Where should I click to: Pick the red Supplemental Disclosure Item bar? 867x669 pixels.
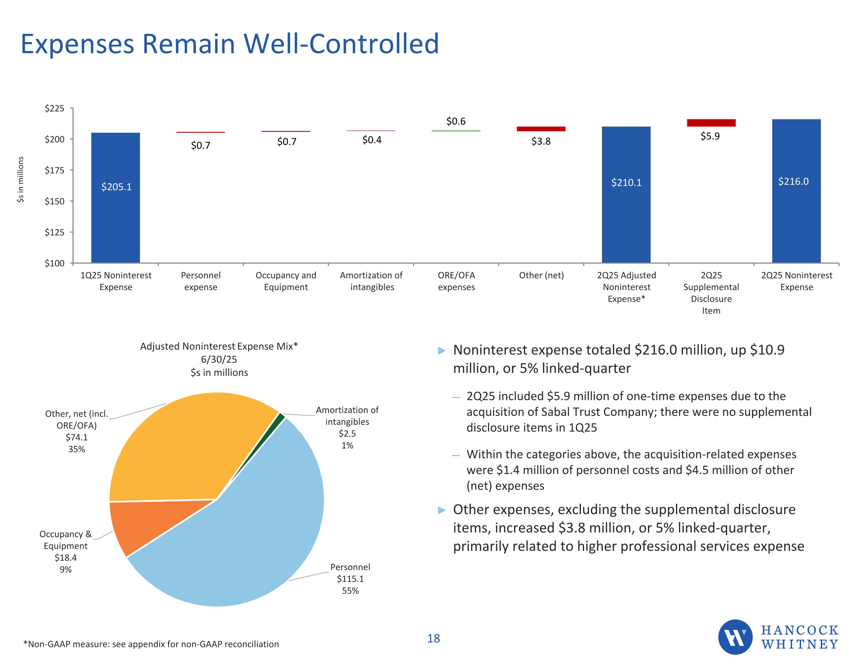(711, 123)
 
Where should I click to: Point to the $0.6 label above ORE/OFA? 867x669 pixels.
(456, 121)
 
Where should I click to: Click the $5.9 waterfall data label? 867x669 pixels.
(710, 136)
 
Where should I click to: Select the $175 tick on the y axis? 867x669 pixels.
(54, 170)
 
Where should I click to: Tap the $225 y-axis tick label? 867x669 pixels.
(54, 108)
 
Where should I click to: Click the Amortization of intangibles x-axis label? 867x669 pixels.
(371, 281)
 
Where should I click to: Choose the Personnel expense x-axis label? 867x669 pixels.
(201, 281)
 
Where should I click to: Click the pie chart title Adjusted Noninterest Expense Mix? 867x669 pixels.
(219, 346)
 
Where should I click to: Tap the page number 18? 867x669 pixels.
(433, 638)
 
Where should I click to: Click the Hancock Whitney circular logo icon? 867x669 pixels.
(735, 637)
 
